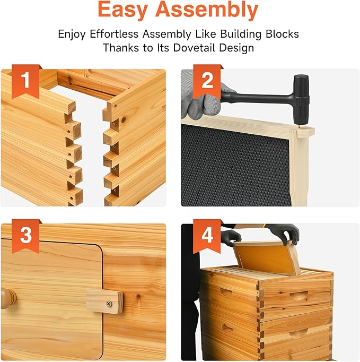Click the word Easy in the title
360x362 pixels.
[122, 10]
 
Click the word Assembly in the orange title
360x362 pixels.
[207, 10]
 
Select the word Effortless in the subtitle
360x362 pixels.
[114, 34]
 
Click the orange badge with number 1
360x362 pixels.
[25, 81]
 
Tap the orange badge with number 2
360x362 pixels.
[207, 81]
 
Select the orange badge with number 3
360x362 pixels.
[25, 236]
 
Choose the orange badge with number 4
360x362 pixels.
[207, 236]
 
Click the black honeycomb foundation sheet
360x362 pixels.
[235, 166]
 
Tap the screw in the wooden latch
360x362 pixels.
[109, 304]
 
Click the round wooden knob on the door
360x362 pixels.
[9, 298]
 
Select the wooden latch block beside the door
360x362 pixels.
[105, 301]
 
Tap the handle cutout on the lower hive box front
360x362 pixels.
[298, 334]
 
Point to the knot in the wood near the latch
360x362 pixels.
[138, 296]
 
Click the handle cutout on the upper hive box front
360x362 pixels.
[298, 296]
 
